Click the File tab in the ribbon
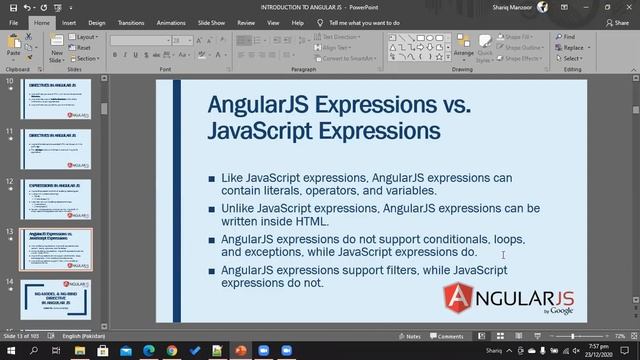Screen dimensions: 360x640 (14, 21)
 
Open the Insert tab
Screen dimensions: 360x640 (69, 21)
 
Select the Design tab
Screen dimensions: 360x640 (96, 21)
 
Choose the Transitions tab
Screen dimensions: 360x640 (130, 21)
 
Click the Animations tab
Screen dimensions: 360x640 (170, 21)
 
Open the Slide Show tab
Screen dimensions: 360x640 (210, 21)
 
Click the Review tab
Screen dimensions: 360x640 (245, 21)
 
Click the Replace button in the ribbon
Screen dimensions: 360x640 (572, 47)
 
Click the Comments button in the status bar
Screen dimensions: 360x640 (447, 336)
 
